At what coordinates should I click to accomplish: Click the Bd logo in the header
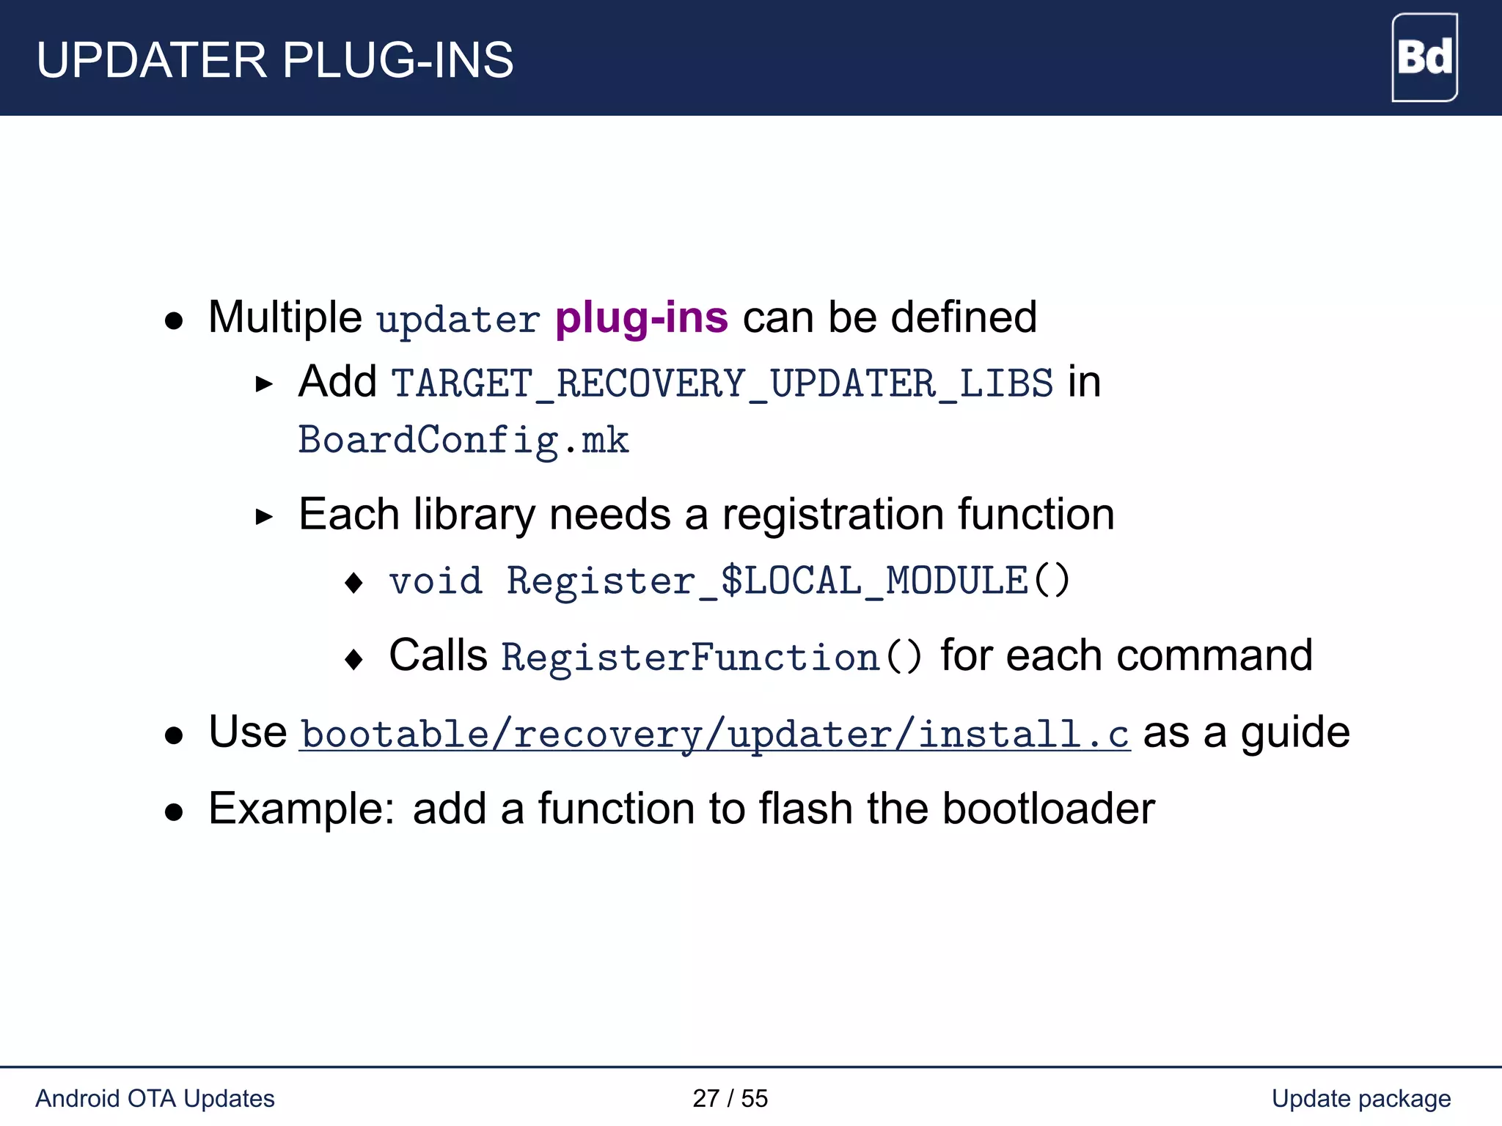[1424, 57]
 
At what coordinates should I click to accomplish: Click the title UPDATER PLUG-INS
[275, 60]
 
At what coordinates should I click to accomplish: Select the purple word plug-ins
[642, 318]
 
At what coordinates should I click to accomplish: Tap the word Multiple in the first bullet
[285, 317]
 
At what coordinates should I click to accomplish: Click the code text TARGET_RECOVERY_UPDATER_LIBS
[722, 383]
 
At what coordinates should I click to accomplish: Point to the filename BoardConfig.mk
[464, 441]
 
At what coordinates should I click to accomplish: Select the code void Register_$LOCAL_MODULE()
[730, 581]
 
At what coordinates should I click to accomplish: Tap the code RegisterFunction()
[711, 656]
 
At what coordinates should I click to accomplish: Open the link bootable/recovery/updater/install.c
[715, 734]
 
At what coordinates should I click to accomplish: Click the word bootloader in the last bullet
[1048, 809]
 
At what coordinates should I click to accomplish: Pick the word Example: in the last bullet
[301, 809]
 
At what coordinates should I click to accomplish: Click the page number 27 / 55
[730, 1098]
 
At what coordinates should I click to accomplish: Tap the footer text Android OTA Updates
[155, 1098]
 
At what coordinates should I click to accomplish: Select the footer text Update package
[1360, 1098]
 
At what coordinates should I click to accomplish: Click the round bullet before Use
[174, 735]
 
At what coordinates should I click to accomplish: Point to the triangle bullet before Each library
[264, 517]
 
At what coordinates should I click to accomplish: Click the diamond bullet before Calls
[353, 658]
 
